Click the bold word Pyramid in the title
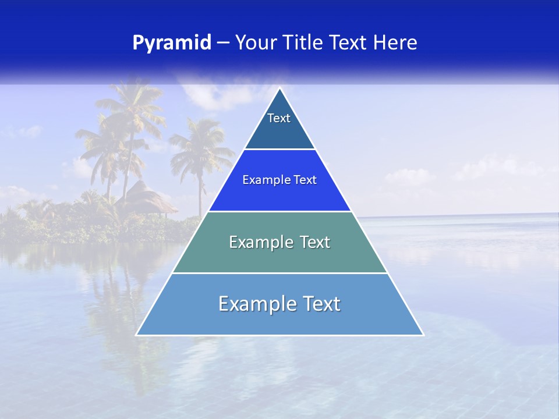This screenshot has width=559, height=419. tap(172, 43)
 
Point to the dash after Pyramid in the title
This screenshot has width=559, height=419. tap(223, 43)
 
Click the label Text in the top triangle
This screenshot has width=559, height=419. tap(279, 118)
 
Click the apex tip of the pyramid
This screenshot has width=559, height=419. tap(279, 88)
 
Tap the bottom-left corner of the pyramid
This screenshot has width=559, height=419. tap(137, 335)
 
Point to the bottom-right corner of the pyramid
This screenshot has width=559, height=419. tap(423, 335)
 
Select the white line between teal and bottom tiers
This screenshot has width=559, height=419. tap(279, 273)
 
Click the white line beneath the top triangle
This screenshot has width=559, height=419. tap(279, 150)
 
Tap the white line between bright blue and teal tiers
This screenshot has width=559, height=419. tap(279, 211)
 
